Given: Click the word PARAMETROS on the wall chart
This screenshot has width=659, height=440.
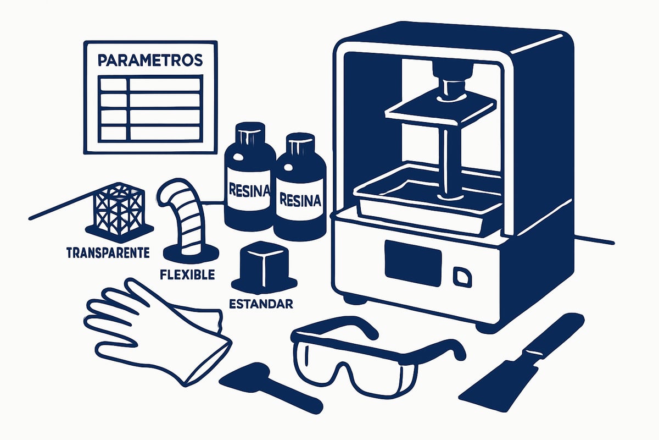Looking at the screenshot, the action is click(150, 60).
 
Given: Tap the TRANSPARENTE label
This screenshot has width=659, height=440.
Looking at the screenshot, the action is click(108, 253).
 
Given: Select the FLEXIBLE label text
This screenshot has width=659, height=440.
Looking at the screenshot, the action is click(187, 274).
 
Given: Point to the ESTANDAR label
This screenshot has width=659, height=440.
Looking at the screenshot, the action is click(261, 304).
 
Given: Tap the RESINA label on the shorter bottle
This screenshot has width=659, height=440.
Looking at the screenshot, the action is click(300, 200).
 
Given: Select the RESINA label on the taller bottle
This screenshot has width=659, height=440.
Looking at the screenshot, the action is click(249, 190).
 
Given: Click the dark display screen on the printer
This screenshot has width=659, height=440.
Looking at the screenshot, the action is click(413, 263).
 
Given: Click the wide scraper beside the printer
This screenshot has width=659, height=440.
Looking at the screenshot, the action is click(521, 363).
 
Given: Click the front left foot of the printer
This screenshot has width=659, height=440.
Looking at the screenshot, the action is click(355, 300).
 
